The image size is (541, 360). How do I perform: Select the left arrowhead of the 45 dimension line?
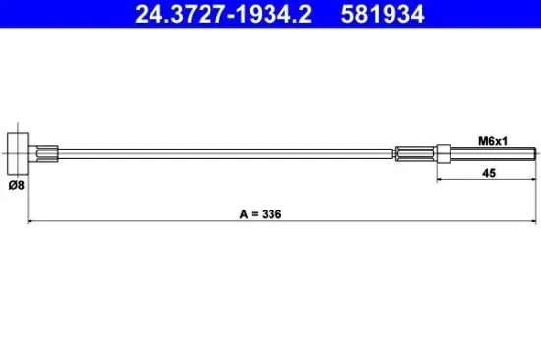tap(439, 180)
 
